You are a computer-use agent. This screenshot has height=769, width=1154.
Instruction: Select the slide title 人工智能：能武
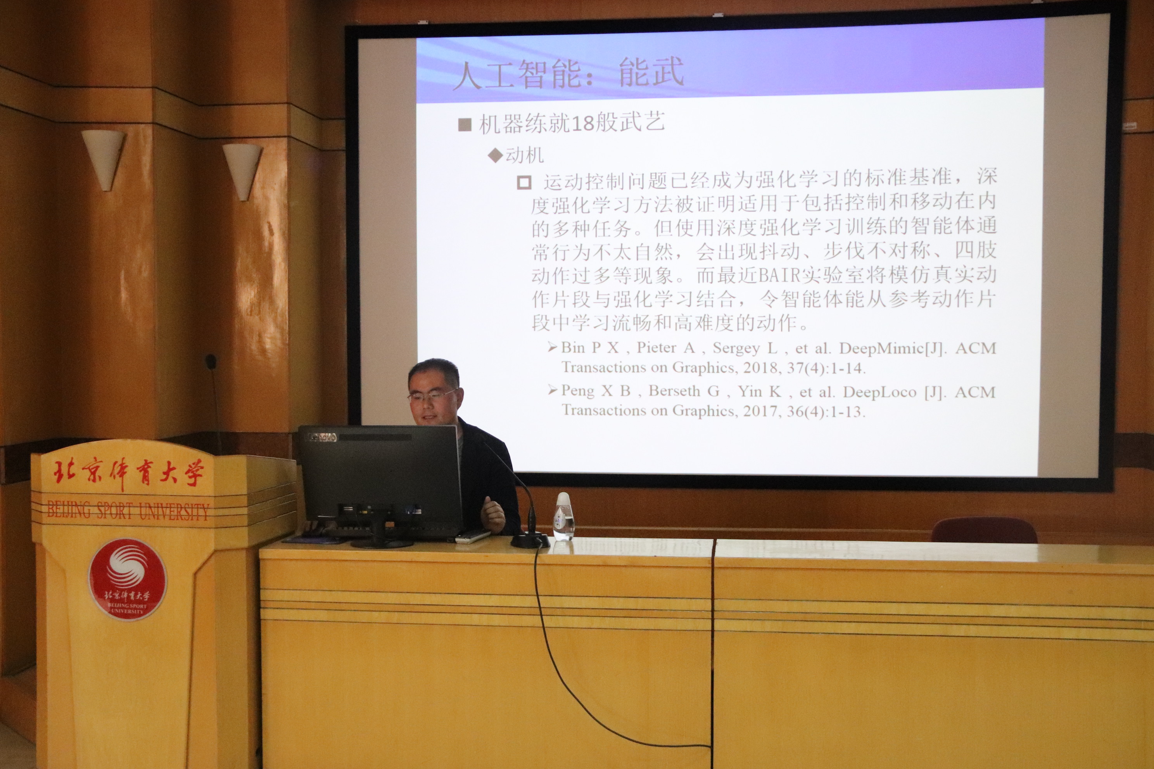pos(568,74)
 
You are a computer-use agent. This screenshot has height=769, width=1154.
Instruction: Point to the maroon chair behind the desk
pos(984,530)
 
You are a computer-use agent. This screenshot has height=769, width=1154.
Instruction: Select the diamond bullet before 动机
pos(496,156)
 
